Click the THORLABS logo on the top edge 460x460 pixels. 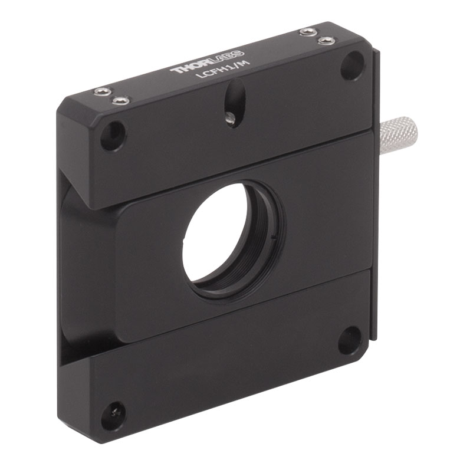pyautogui.click(x=207, y=61)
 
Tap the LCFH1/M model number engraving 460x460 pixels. pyautogui.click(x=223, y=69)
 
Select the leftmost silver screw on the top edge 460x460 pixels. pyautogui.click(x=103, y=91)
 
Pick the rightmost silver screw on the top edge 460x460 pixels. pyautogui.click(x=326, y=40)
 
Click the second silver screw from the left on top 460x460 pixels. pyautogui.click(x=120, y=101)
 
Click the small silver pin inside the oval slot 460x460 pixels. pyautogui.click(x=231, y=118)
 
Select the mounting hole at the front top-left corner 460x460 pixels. pyautogui.click(x=113, y=136)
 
